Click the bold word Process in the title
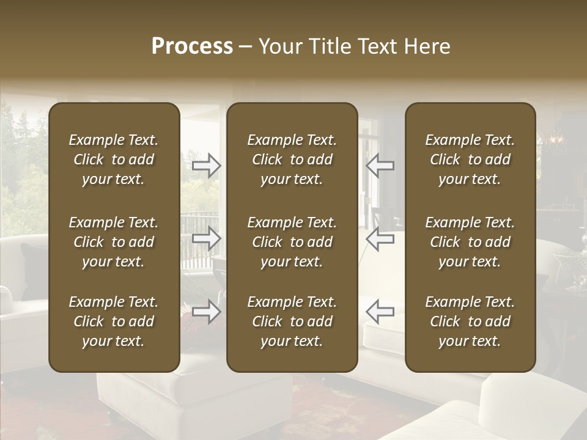pos(192,46)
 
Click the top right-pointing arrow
pos(207,166)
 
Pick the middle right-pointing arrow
pos(207,238)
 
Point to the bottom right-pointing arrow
pos(207,312)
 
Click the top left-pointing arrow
pos(380,166)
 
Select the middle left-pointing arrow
pos(380,238)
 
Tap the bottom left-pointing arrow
pos(380,312)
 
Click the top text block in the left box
pos(114,159)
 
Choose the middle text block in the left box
pos(114,242)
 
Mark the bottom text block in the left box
pos(114,321)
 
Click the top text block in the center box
pos(292,159)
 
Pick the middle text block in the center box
pos(292,242)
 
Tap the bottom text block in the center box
pos(292,321)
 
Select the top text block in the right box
pos(470,159)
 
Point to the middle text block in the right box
pos(470,242)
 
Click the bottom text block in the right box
pos(470,321)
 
